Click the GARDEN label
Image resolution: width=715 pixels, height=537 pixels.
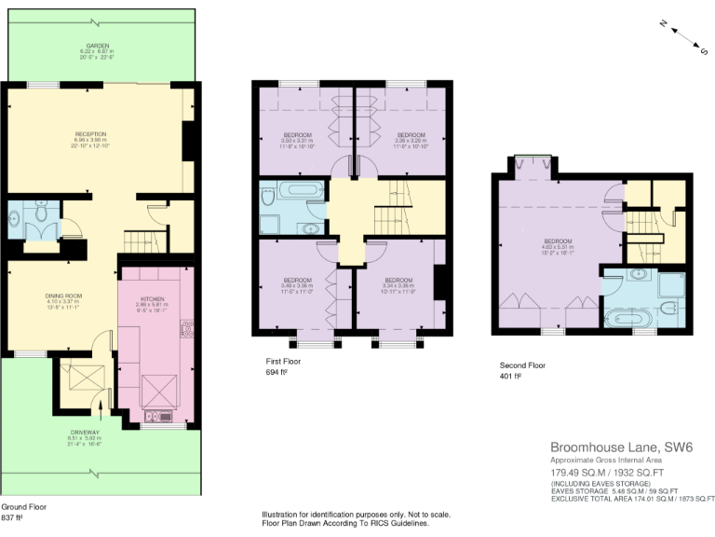99,45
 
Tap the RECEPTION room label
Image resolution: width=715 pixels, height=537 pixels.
90,134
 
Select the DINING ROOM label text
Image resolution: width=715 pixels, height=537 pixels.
64,296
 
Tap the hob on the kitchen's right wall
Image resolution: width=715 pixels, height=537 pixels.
187,330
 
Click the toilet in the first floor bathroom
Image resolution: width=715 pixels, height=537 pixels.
268,199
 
